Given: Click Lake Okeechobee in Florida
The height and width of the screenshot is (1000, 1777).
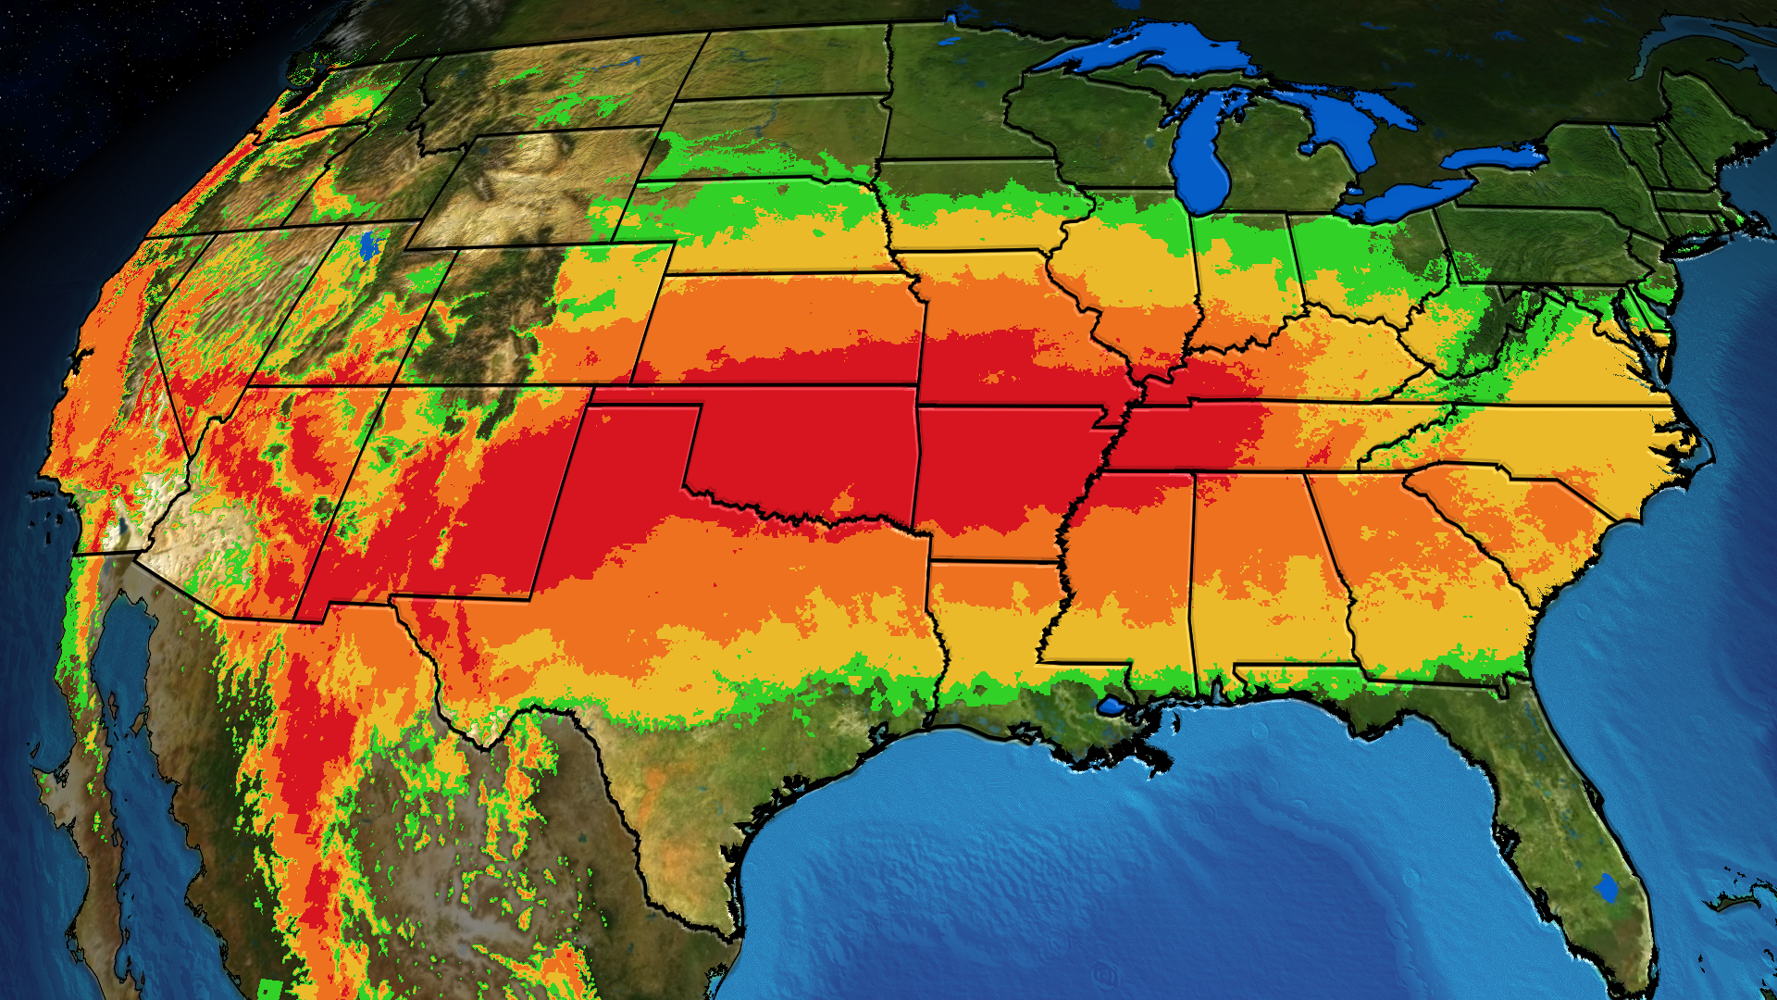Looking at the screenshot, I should click(1607, 888).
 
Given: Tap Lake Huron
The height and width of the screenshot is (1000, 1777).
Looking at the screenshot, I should click(1333, 130).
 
